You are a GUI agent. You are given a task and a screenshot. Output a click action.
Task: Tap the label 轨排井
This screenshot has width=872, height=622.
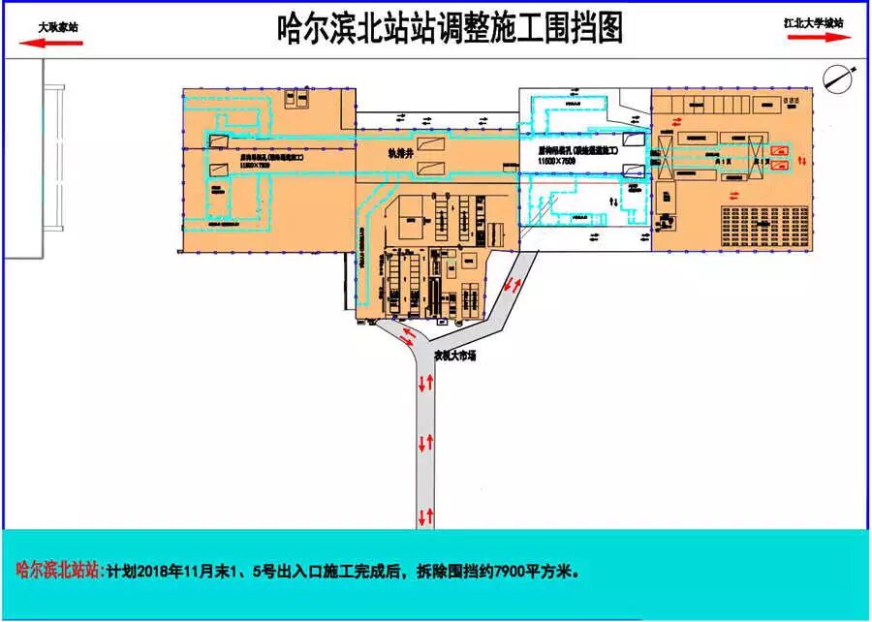375,151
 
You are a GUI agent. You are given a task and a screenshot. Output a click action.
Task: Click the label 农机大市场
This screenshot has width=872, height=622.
454,356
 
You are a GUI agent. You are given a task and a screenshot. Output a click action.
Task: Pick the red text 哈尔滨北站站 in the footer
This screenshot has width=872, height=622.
58,570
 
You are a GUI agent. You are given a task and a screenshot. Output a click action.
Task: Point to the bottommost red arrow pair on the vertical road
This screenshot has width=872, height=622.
424,513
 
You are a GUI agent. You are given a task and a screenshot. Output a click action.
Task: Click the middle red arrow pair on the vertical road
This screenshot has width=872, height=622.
424,444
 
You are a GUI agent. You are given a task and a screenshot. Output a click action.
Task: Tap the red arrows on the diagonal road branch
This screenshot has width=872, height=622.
513,285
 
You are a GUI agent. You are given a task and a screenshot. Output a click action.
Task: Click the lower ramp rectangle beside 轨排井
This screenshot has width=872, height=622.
429,170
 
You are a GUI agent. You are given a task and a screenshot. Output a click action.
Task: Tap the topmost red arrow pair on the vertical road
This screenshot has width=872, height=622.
424,384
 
